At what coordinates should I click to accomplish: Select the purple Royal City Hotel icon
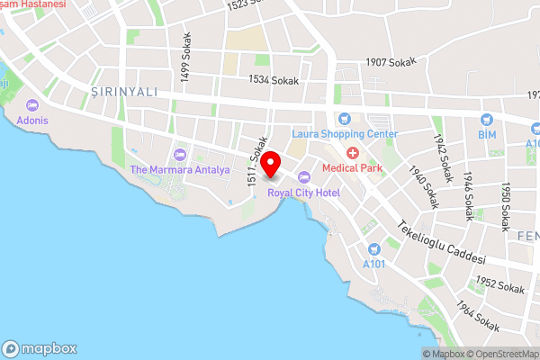pos(303,176)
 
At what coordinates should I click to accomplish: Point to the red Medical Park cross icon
pos(353,153)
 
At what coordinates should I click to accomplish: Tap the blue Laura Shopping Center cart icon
pos(343,119)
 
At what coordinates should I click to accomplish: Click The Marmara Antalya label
pos(180,169)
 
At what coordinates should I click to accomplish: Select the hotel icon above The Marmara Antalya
pos(180,155)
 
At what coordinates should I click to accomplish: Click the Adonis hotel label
pos(31,120)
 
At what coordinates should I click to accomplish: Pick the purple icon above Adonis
pos(32,104)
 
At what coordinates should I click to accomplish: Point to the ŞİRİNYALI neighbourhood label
pos(130,91)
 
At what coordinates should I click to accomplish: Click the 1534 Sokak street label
pos(273,81)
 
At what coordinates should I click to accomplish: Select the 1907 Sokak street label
pos(391,62)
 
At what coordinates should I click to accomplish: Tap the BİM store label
pos(487,134)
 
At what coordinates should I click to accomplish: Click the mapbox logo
pos(40,348)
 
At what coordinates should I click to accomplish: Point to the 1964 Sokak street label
pos(477,317)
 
